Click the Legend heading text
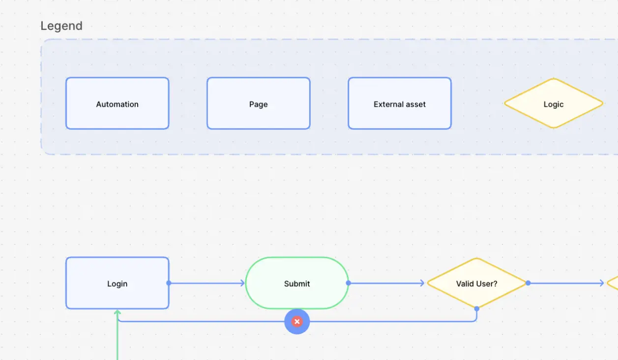point(61,26)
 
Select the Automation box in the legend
point(117,104)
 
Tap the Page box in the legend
point(258,104)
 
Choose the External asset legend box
point(399,104)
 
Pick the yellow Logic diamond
point(553,104)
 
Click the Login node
point(117,283)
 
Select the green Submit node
point(297,283)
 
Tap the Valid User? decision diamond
point(476,283)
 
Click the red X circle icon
point(297,322)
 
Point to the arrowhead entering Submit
point(242,283)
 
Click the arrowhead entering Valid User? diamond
point(422,283)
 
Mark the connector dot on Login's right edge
point(169,283)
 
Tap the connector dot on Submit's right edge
point(348,283)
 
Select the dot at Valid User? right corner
point(528,283)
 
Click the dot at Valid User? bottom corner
point(476,309)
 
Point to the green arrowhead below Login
point(118,312)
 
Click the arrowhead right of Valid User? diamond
point(601,283)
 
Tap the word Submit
point(297,284)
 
